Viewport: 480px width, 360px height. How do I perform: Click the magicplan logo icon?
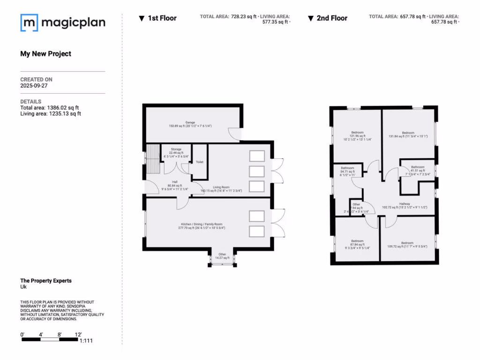(x=29, y=22)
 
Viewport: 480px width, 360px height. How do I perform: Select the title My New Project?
(x=45, y=53)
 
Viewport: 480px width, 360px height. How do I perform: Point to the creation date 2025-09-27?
(x=34, y=86)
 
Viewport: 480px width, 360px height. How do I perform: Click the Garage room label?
(x=190, y=123)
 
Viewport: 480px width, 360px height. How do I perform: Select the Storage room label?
(x=176, y=149)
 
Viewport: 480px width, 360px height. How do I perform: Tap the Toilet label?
(x=200, y=162)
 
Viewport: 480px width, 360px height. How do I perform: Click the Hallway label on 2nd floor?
(x=405, y=203)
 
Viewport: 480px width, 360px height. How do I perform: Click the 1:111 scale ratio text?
(x=86, y=341)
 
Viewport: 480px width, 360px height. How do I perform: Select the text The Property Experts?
(x=46, y=281)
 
